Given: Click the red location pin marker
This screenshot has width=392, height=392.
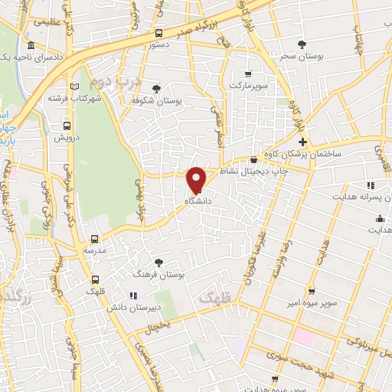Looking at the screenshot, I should click(197, 179).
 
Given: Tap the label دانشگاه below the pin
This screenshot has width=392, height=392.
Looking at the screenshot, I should click(198, 200).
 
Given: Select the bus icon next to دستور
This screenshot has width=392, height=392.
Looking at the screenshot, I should click(158, 33).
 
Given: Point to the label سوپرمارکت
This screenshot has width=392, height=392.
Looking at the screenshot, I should click(252, 85).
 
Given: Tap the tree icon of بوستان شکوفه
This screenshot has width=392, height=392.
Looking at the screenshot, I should click(157, 89).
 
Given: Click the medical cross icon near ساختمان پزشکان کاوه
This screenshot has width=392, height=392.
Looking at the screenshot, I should click(302, 142).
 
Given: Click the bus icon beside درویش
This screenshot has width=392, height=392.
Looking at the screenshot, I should click(67, 126).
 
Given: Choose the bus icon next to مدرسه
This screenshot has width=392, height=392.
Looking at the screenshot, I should click(95, 239).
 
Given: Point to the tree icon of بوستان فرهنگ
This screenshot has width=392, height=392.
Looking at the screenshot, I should click(158, 262).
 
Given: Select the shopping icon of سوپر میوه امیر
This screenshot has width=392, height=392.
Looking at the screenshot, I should click(311, 292).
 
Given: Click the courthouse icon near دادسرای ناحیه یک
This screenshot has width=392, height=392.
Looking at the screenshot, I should click(29, 45).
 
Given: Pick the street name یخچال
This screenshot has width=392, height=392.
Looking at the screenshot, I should click(158, 323).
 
